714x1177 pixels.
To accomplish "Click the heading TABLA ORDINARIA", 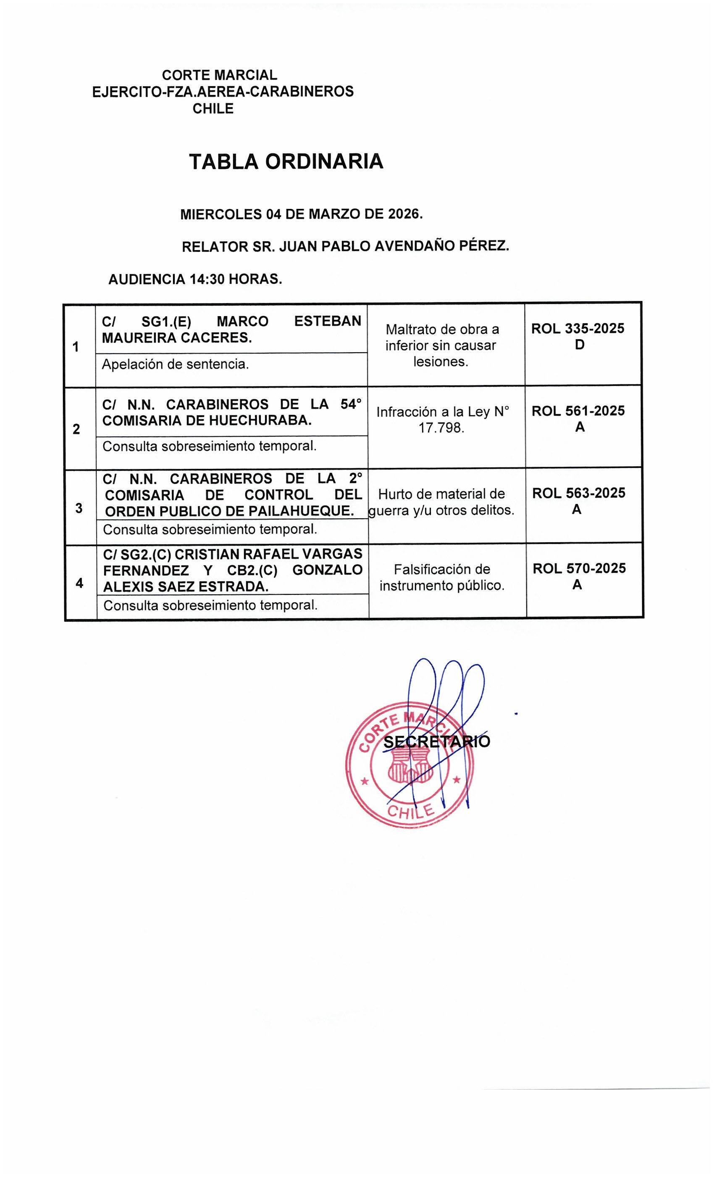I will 286,162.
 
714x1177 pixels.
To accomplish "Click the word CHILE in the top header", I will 213,109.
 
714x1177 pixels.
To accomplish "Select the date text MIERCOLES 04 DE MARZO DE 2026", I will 301,214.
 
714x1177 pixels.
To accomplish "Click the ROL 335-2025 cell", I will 578,329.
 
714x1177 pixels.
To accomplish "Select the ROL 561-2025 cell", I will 578,411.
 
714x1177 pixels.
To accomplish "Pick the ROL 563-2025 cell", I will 578,493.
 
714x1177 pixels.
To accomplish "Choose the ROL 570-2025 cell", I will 579,568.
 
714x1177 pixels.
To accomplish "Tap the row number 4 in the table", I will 79,583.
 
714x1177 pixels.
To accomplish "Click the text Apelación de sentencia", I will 176,364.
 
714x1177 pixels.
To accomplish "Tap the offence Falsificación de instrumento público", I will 441,577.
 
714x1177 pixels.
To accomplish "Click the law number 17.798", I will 441,428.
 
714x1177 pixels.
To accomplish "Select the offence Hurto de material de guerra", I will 441,501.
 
